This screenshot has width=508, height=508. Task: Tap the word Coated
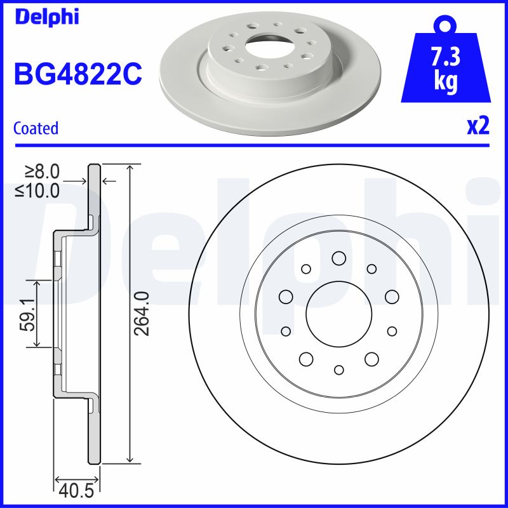pos(36,128)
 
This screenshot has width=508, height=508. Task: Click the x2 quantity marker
pos(478,126)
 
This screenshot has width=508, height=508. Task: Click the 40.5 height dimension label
pos(76,491)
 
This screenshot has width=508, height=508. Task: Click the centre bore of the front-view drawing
pos(338,314)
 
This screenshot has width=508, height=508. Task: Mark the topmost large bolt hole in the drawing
pos(338,258)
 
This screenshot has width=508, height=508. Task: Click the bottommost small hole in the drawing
pos(338,370)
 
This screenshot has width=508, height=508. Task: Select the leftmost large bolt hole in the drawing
pos(285,296)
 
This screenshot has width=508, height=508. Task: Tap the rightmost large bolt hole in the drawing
pos(391,296)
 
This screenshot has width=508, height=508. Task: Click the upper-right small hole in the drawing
pos(371,269)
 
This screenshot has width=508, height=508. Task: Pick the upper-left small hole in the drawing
pos(305,269)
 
